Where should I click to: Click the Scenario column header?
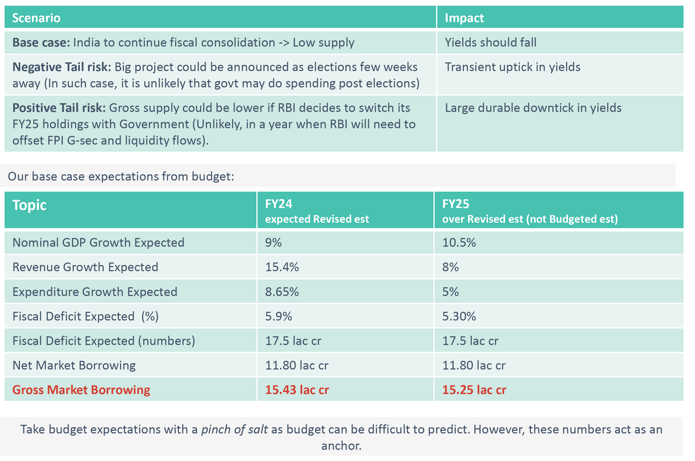click(x=36, y=18)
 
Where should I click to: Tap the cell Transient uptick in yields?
click(x=512, y=67)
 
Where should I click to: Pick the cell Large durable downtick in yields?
click(x=533, y=108)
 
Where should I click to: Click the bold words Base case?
click(x=41, y=43)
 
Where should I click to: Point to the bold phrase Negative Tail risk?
click(x=62, y=67)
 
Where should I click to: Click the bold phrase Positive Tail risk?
click(x=59, y=108)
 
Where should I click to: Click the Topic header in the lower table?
click(x=29, y=205)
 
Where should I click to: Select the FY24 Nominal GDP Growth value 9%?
click(x=273, y=243)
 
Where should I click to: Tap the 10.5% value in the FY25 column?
click(x=459, y=243)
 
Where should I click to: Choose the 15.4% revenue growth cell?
click(x=282, y=267)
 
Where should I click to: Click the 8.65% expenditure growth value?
click(x=282, y=292)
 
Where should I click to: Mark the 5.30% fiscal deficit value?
click(x=459, y=316)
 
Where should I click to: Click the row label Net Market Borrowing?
click(x=74, y=365)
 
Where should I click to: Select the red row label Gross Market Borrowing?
click(x=81, y=390)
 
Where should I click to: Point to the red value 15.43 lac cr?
click(x=297, y=390)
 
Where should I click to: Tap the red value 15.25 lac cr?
click(x=474, y=390)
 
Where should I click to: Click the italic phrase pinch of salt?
click(x=234, y=429)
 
